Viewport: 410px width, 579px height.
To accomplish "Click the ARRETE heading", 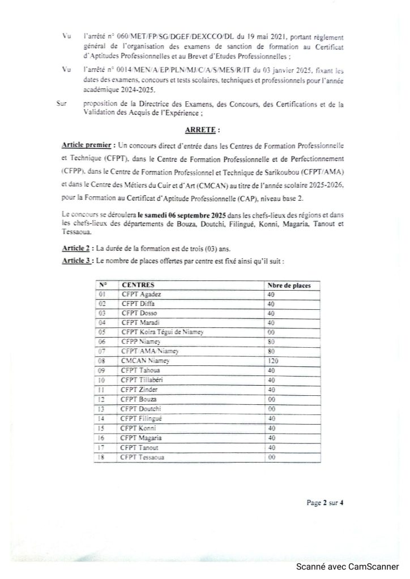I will (x=200, y=129).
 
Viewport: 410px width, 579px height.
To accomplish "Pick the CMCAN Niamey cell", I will (x=144, y=360).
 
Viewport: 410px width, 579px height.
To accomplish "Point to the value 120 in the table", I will (x=274, y=360).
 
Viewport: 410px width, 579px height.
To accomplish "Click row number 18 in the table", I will (x=103, y=456).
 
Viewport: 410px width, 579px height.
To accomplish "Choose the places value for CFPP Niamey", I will (x=271, y=342).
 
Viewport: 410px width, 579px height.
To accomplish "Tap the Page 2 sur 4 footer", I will (x=325, y=502).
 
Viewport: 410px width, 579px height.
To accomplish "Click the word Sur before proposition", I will (x=63, y=105).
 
